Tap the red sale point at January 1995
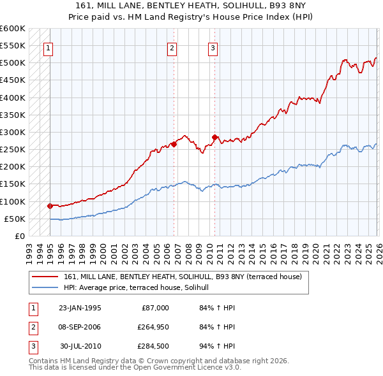click(50, 206)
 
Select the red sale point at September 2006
click(174, 144)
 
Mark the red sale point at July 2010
click(214, 137)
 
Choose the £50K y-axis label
click(15, 219)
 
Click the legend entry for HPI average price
click(141, 288)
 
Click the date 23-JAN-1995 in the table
click(80, 308)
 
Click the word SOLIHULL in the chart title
click(236, 4)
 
